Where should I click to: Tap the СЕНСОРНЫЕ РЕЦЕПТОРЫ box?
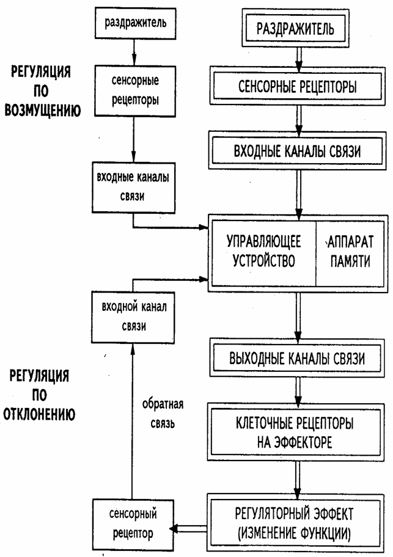pyautogui.click(x=298, y=87)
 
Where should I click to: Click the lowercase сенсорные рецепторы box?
pyautogui.click(x=133, y=90)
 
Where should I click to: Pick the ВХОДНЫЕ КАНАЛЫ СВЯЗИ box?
pyautogui.click(x=298, y=150)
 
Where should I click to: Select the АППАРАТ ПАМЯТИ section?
pyautogui.click(x=353, y=251)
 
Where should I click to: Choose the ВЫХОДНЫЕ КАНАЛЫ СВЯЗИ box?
pyautogui.click(x=298, y=359)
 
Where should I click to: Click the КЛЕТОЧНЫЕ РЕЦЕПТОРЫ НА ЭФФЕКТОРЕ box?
pyautogui.click(x=298, y=432)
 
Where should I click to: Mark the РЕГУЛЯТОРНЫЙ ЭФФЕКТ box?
pyautogui.click(x=298, y=521)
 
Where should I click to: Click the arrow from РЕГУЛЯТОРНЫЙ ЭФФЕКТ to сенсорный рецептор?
pyautogui.click(x=190, y=527)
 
